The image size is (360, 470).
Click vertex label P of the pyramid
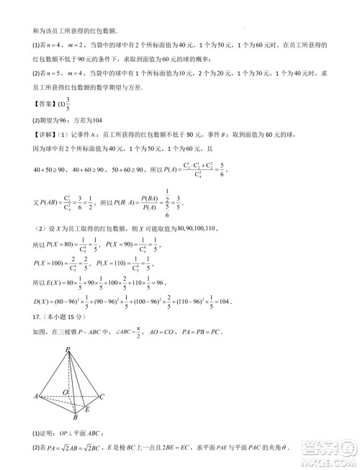click(68, 351)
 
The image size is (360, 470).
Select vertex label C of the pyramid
click(102, 397)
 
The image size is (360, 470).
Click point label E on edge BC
click(87, 409)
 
